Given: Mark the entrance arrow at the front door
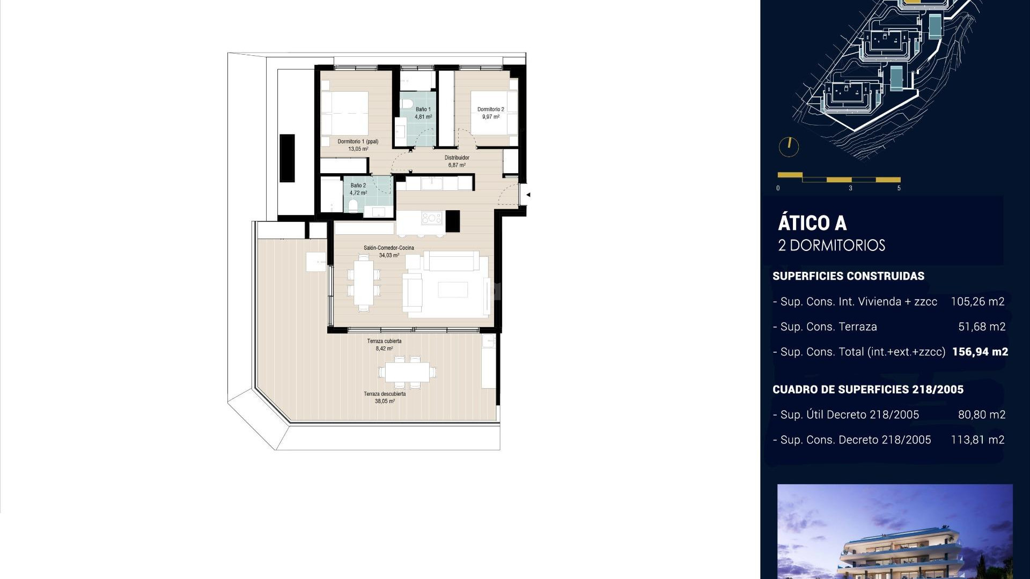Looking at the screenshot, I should point(528,195).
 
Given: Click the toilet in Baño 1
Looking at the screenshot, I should point(406,103).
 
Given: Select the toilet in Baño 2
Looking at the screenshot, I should point(353,205).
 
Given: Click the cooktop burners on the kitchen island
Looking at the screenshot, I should point(431,218).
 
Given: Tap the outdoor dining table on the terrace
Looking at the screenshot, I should point(407,372).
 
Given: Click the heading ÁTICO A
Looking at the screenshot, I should point(812,223).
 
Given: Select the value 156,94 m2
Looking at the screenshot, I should point(980,352).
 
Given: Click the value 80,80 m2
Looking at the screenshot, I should point(982,415).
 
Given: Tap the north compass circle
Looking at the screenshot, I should point(789,146).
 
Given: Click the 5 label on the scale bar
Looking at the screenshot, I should point(899,188).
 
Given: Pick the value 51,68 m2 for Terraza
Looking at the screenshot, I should point(982,327).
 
